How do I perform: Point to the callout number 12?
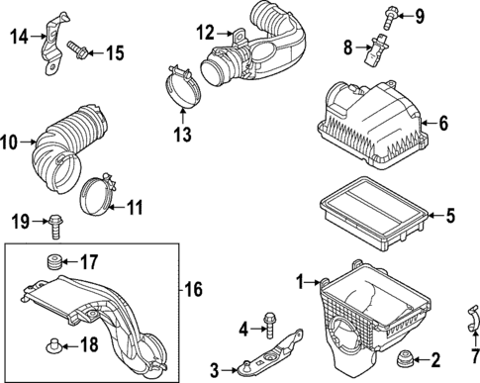tap(205, 33)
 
